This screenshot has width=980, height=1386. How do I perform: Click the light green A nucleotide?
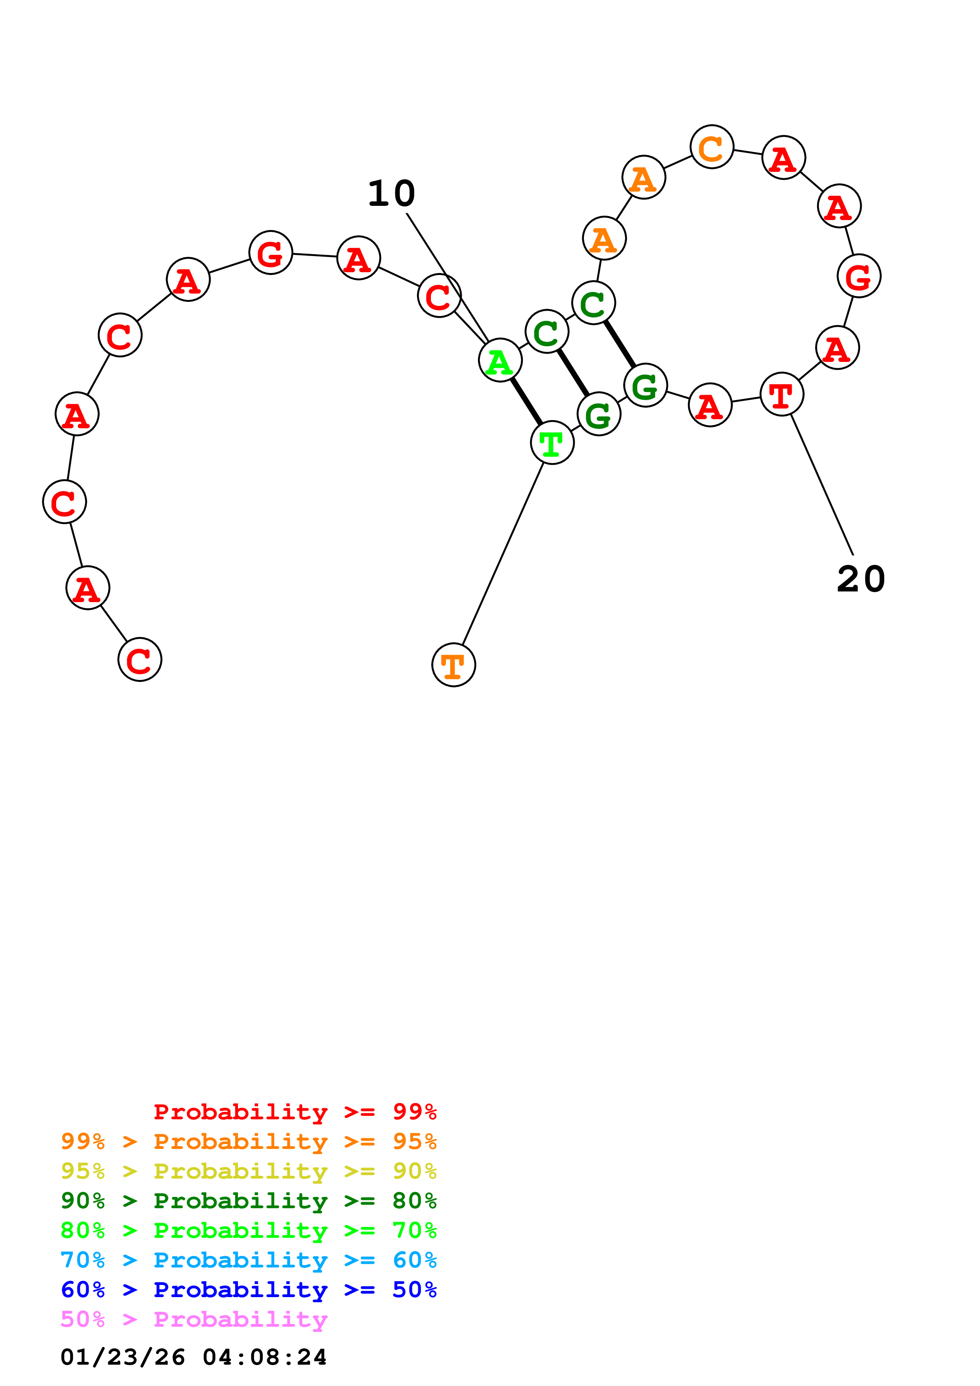[500, 360]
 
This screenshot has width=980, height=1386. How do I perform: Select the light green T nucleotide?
[552, 443]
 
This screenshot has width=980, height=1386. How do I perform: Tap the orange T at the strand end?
[453, 665]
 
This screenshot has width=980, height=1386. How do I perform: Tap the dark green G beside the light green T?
[599, 414]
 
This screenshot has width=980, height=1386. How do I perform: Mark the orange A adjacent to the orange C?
[644, 177]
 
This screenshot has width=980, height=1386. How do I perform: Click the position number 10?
[391, 194]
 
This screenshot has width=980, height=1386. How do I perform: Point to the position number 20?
[861, 580]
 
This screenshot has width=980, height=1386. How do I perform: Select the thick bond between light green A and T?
[526, 401]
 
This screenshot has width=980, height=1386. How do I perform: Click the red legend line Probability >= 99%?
[295, 1111]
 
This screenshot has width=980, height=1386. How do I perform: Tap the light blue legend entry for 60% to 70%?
[248, 1260]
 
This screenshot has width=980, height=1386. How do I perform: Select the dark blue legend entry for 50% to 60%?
[248, 1290]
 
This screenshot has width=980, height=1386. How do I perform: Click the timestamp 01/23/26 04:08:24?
[193, 1357]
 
